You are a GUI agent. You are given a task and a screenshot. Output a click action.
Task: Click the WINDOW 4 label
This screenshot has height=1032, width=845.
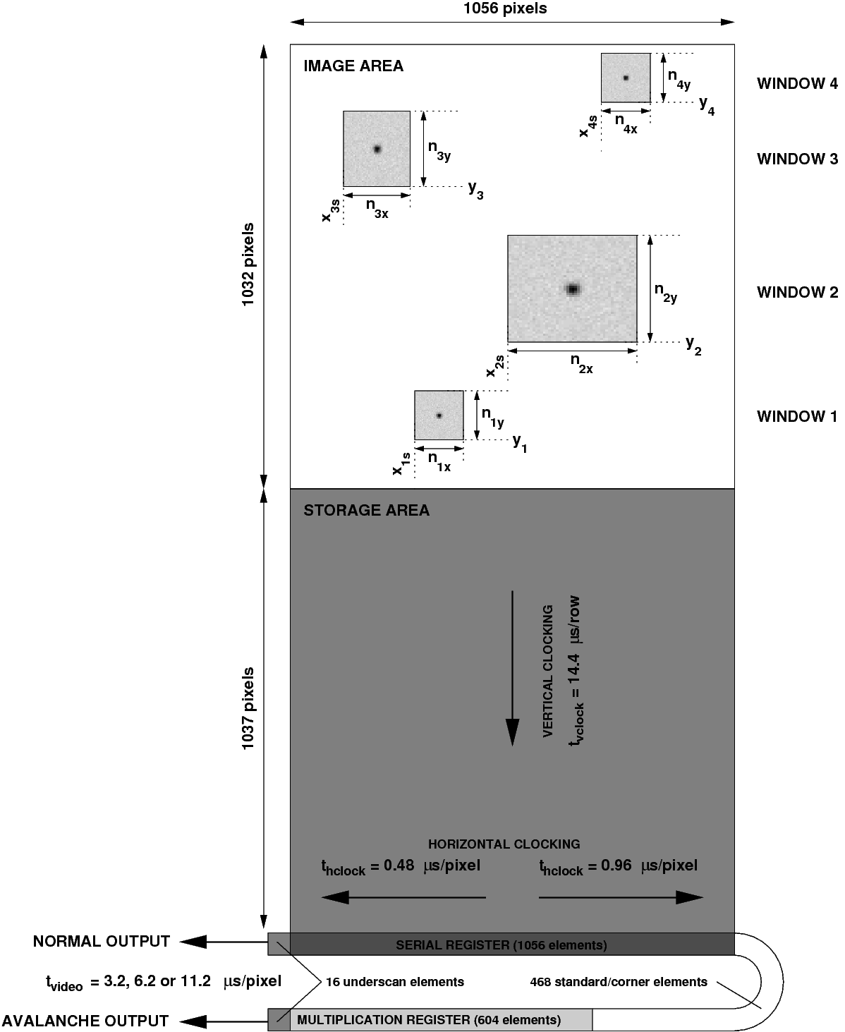pyautogui.click(x=797, y=83)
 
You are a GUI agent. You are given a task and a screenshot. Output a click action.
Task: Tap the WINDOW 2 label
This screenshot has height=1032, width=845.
pyautogui.click(x=797, y=292)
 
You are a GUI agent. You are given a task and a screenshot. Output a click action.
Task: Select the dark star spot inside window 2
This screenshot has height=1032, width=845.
pyautogui.click(x=572, y=289)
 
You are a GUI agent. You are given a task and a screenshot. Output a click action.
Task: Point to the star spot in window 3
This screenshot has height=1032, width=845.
pyautogui.click(x=377, y=149)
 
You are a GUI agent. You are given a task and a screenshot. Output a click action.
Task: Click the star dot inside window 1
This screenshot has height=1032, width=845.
pyautogui.click(x=439, y=415)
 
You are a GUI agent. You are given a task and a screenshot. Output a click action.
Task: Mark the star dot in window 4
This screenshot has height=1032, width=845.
pyautogui.click(x=625, y=78)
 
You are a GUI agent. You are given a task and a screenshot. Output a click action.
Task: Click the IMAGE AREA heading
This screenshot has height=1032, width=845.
pyautogui.click(x=353, y=66)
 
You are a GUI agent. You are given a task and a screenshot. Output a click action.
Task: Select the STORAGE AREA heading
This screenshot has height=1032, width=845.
pyautogui.click(x=366, y=511)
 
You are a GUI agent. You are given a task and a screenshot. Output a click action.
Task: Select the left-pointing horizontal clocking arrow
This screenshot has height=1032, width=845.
pyautogui.click(x=403, y=897)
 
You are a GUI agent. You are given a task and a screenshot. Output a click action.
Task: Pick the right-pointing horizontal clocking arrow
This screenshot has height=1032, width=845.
pyautogui.click(x=621, y=897)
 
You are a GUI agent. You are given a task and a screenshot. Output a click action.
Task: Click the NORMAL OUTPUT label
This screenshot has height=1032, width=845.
pyautogui.click(x=102, y=942)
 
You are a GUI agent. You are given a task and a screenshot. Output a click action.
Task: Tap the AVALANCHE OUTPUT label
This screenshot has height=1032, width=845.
pyautogui.click(x=85, y=1021)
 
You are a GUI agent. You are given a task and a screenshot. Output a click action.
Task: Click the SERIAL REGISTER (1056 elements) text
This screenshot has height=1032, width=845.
pyautogui.click(x=501, y=945)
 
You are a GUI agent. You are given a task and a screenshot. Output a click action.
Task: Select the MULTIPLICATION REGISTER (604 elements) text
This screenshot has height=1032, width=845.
pyautogui.click(x=429, y=1020)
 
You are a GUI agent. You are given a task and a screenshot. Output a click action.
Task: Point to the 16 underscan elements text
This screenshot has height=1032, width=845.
pyautogui.click(x=394, y=981)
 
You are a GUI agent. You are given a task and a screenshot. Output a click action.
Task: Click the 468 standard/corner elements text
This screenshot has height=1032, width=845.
pyautogui.click(x=618, y=981)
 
